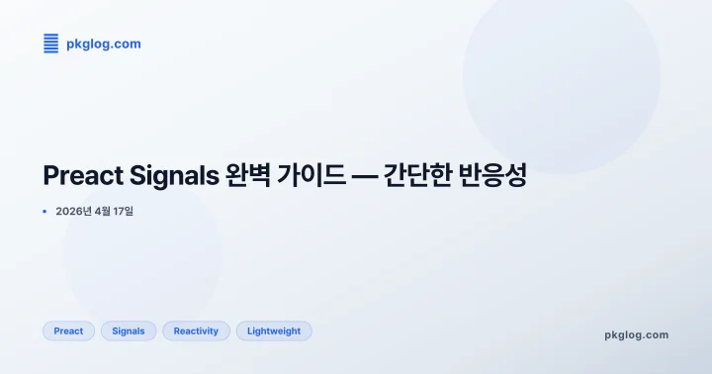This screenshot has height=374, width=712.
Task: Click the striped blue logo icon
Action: click(51, 44)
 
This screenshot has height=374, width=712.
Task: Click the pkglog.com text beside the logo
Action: click(103, 44)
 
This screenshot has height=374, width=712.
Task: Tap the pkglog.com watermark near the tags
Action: click(636, 334)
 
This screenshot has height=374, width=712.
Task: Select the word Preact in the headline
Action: click(84, 176)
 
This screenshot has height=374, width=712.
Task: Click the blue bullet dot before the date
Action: click(45, 211)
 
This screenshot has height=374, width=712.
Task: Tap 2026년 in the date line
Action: click(74, 211)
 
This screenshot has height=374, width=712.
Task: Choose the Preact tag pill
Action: click(68, 331)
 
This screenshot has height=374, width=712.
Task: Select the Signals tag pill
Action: click(129, 331)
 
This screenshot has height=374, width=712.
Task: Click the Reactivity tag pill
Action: click(196, 331)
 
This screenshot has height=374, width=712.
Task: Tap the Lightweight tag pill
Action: click(274, 331)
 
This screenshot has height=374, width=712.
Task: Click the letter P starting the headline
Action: click(51, 176)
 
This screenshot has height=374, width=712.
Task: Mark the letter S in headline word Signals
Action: click(139, 176)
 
